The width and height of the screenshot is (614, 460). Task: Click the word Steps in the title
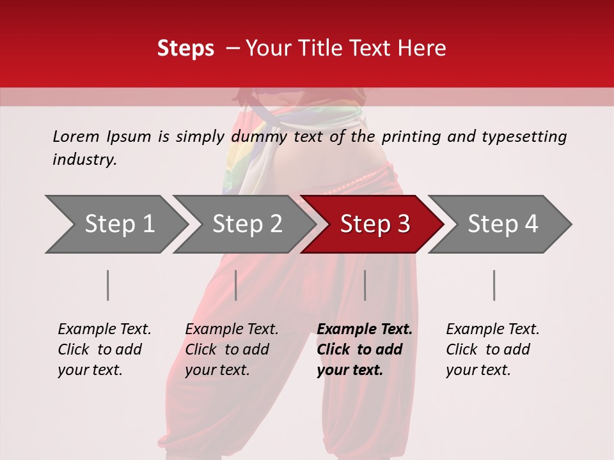[x=185, y=49]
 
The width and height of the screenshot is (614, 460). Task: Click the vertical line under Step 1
[x=108, y=285]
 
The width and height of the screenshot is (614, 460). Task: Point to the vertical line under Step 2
[x=236, y=285]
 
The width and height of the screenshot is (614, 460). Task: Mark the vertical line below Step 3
[x=365, y=285]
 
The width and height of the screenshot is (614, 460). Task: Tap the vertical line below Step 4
[x=494, y=285]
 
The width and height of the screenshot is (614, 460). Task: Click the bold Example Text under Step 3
[x=365, y=330]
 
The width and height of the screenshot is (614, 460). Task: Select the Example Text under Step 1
[x=104, y=330]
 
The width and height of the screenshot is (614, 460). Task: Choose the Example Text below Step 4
[x=492, y=330]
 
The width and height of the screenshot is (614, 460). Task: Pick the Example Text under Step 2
[x=232, y=330]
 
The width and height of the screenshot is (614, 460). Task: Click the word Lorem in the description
[x=76, y=137]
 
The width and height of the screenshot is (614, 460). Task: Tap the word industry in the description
[x=84, y=160]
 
